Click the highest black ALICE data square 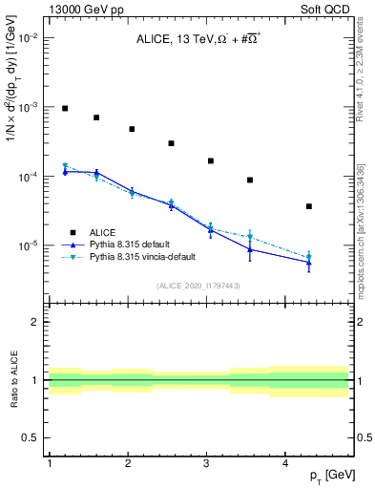[65, 109]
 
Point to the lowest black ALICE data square [308, 206]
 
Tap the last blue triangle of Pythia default [308, 263]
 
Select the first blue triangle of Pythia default [65, 172]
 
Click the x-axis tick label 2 [128, 463]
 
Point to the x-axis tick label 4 [285, 463]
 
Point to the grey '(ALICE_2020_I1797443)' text [198, 286]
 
